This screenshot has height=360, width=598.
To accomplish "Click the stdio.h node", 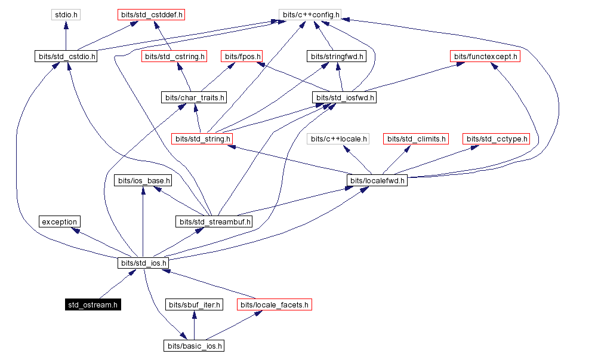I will click(x=66, y=14).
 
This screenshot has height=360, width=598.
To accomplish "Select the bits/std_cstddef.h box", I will click(x=151, y=14).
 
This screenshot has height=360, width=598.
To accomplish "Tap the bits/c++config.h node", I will click(x=310, y=14).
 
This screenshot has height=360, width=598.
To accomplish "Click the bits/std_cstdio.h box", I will click(x=66, y=57).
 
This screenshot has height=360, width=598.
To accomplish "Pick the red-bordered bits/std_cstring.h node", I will click(x=174, y=57).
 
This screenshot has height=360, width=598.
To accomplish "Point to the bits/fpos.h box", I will click(x=242, y=57).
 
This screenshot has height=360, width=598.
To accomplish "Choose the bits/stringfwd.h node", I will click(x=337, y=57).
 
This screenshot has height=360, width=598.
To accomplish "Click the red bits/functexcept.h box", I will click(x=485, y=57).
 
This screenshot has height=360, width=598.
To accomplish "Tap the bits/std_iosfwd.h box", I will click(x=344, y=97).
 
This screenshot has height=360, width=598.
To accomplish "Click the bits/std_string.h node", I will click(x=202, y=139).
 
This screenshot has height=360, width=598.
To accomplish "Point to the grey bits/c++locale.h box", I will click(x=338, y=139).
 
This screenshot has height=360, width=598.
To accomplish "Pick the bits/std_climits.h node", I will click(x=415, y=139).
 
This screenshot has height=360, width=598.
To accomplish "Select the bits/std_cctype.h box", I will click(x=496, y=139).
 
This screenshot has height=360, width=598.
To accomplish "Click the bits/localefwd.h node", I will click(x=377, y=180).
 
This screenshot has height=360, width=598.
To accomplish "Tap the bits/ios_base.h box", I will click(x=143, y=180).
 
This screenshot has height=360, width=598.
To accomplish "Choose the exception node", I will click(x=59, y=222).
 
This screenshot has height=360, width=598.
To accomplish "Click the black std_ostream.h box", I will click(x=93, y=305).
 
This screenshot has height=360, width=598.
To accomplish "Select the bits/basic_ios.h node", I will click(x=195, y=346).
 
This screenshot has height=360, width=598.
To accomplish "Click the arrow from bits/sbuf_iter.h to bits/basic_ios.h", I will click(x=194, y=325).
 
